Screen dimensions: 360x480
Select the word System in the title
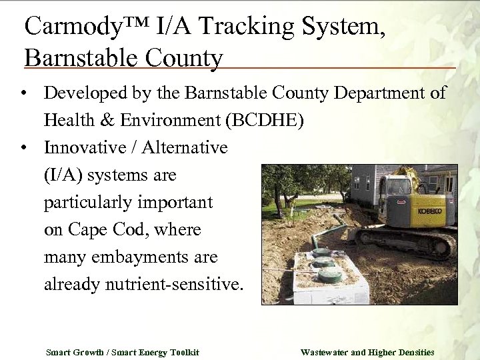coord(340,26)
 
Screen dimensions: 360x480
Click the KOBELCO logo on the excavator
coord(429,211)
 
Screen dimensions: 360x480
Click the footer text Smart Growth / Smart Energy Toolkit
coord(122,352)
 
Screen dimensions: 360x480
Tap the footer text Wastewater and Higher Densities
coord(367,352)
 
